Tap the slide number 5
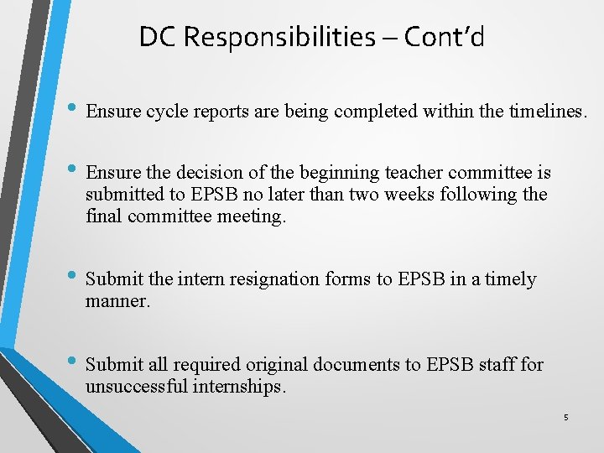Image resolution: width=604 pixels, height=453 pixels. click(x=565, y=417)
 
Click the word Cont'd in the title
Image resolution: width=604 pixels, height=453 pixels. click(x=444, y=37)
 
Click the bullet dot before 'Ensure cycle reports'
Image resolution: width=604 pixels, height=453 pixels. click(x=73, y=108)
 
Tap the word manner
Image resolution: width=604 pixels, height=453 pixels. click(x=117, y=301)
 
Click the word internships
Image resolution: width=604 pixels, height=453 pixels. click(x=243, y=387)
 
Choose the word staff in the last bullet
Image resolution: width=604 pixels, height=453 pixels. click(x=495, y=365)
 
